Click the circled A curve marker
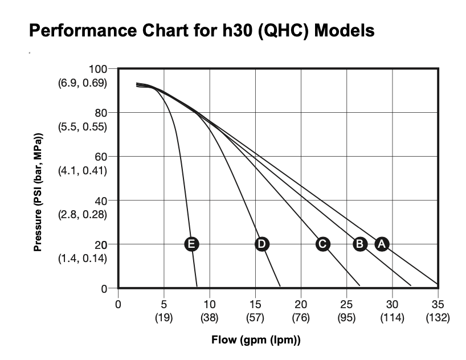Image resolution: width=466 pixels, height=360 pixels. pos(382,244)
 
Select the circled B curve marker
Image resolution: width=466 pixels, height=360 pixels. pos(360,244)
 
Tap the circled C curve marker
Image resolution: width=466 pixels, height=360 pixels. pos(322,244)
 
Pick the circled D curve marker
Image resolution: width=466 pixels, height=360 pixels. pos(261,244)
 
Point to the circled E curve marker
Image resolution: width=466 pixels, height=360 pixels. pos(192,244)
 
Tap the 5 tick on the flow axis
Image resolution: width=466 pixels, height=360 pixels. pos(164,304)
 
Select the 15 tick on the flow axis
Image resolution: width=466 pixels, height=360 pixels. pos(255,304)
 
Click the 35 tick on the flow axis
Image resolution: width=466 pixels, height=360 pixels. pos(438,304)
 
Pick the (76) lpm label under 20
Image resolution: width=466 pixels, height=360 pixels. pos(301,317)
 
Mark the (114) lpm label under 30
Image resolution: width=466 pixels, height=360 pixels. pos(392,317)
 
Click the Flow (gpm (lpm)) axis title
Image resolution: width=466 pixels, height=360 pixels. pos(256,341)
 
